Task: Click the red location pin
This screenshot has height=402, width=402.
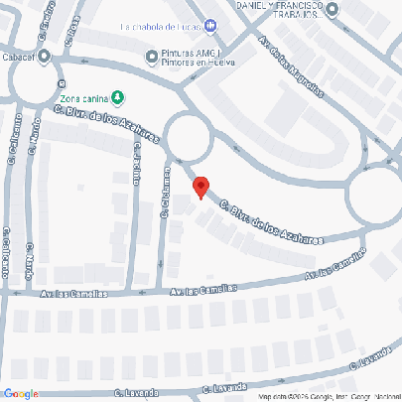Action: (201, 186)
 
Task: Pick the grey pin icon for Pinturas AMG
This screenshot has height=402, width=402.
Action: (151, 56)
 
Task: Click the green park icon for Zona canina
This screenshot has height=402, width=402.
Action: (117, 97)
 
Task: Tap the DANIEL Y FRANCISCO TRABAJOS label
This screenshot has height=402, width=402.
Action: (279, 9)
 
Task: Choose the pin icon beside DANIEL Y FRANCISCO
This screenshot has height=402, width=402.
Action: (332, 10)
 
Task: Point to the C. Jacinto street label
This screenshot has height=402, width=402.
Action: (136, 164)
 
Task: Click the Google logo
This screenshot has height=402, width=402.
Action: (20, 394)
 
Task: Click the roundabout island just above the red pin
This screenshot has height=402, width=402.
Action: (188, 136)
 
